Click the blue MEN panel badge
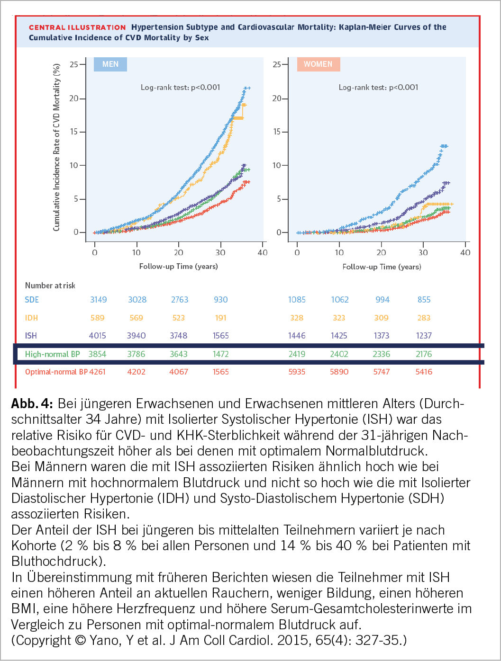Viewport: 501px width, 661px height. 110,64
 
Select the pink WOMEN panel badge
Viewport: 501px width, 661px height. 318,64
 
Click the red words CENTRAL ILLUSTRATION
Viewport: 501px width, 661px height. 77,27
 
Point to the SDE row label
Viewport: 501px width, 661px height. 32,300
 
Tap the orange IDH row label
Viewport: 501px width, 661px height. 31,318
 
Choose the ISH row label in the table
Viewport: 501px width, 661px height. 31,336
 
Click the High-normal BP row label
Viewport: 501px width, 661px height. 52,354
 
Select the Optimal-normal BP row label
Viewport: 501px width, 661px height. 56,372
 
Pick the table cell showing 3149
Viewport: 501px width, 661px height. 99,300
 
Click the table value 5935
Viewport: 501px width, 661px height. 297,372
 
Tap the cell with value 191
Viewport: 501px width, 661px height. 221,318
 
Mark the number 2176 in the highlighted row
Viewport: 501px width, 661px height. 424,354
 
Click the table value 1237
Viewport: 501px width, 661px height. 424,336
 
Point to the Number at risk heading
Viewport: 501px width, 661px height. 50,286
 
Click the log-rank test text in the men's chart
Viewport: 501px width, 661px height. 180,87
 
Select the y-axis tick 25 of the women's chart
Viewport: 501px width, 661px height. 277,64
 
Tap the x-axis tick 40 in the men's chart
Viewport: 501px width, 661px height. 263,252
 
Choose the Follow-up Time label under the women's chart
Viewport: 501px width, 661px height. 382,267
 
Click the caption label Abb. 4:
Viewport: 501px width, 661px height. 32,404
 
